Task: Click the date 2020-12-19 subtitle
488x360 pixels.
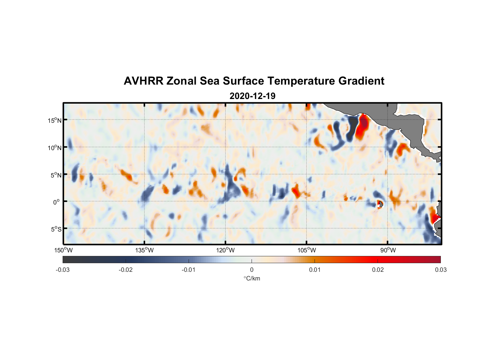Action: [x=252, y=96]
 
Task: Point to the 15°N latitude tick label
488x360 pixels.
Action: [x=55, y=120]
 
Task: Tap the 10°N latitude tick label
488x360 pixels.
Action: [x=55, y=148]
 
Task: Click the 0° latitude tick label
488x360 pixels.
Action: [x=56, y=202]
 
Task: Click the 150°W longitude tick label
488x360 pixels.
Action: [x=64, y=250]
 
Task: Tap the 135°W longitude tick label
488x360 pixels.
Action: [x=144, y=250]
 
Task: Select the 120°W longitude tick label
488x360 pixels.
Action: [x=226, y=250]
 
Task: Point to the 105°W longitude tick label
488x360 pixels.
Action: [x=307, y=250]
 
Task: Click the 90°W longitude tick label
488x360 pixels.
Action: [x=388, y=250]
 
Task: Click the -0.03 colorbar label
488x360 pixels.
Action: [x=63, y=270]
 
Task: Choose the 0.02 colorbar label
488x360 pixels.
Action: [x=378, y=270]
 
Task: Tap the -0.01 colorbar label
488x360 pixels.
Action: [x=189, y=270]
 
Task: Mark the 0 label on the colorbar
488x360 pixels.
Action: [x=252, y=270]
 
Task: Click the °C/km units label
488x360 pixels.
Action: [x=252, y=278]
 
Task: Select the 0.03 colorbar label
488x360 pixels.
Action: [x=440, y=270]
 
